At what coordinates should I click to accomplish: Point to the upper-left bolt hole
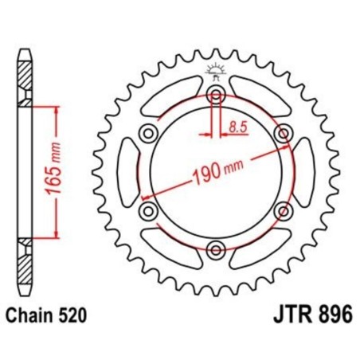point(148,133)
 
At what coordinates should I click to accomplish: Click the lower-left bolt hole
point(148,212)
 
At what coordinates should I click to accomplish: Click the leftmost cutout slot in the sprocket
point(127,172)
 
